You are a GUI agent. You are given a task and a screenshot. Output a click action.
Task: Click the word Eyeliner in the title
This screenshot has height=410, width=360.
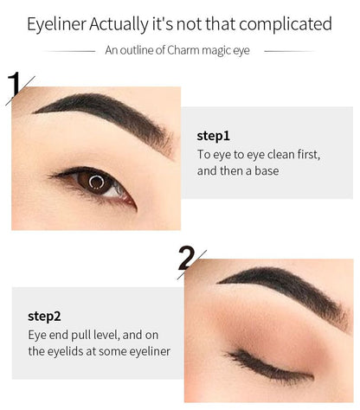(x=55, y=23)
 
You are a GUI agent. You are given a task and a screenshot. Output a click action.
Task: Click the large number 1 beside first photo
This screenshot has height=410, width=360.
(x=15, y=86)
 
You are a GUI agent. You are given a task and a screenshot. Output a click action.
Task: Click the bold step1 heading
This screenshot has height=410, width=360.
(x=214, y=136)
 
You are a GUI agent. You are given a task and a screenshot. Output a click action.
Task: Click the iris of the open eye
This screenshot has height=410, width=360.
(x=96, y=182)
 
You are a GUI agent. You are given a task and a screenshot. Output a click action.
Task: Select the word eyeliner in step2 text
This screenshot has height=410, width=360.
(x=146, y=350)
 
